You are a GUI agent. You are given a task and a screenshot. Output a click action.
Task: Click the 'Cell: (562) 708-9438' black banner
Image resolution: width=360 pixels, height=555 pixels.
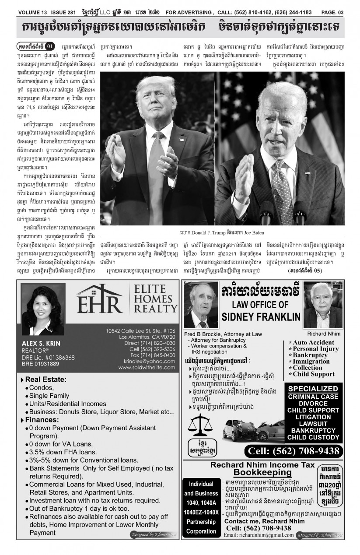[x=292, y=451]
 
